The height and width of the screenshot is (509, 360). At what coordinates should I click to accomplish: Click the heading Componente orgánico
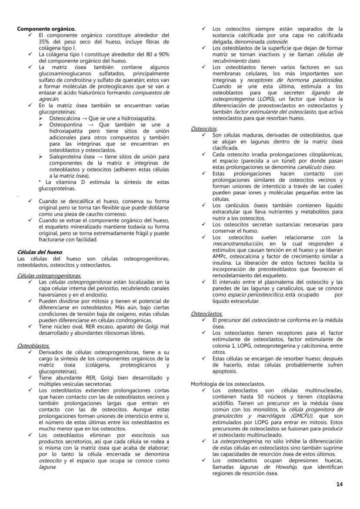point(46,29)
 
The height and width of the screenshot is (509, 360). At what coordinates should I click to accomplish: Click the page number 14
point(340,484)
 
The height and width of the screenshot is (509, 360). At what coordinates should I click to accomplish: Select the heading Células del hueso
point(40,252)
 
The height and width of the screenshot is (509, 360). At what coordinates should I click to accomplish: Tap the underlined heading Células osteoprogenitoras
point(49,276)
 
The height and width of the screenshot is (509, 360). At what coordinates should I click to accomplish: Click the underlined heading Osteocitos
point(204,129)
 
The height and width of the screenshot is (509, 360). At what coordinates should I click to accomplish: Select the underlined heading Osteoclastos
point(207,313)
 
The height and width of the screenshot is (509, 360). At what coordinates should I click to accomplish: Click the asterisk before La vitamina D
point(40,182)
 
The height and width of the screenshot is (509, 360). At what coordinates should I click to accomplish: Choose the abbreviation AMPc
point(220,256)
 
